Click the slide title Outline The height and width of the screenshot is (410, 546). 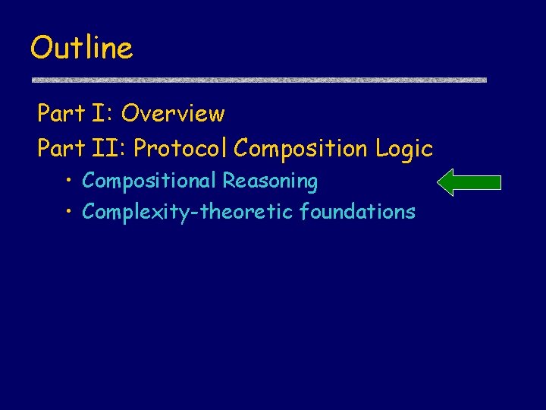pos(81,48)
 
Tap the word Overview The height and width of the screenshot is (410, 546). pos(173,114)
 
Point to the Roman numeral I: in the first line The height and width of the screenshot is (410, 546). pos(102,114)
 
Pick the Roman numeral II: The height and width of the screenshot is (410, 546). pos(108,149)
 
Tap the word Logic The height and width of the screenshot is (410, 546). pos(403,150)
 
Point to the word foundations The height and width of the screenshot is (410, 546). pos(357,211)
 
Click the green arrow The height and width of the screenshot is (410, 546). pos(470,182)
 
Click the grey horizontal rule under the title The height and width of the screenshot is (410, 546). pos(258,79)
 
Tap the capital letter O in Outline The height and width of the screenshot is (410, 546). pos(40,49)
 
